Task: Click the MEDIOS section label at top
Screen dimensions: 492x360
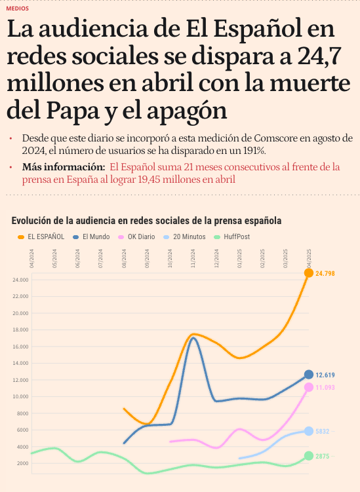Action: (x=17, y=9)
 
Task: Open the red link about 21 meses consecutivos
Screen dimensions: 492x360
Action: (x=223, y=166)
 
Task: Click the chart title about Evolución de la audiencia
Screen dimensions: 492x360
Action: (x=146, y=221)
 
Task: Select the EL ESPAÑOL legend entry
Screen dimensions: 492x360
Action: (x=41, y=237)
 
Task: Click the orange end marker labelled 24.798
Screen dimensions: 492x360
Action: (x=309, y=273)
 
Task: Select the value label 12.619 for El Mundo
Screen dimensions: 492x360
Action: (x=325, y=375)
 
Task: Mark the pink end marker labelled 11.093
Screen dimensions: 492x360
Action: (x=309, y=387)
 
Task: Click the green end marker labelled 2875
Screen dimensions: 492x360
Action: (x=309, y=456)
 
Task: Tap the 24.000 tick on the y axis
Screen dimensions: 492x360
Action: (x=21, y=280)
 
